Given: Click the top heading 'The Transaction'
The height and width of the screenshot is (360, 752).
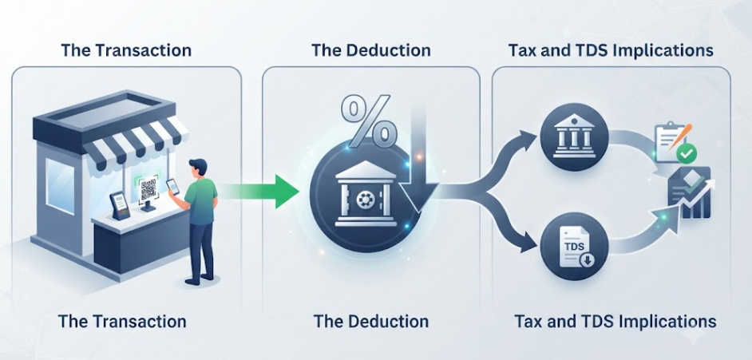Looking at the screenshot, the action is pos(126,50).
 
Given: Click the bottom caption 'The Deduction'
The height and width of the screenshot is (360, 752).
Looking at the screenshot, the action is pos(370,321).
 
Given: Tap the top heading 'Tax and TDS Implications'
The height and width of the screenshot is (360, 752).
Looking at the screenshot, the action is pos(611,50).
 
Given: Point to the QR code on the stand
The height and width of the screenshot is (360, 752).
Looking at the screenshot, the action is pos(148,189).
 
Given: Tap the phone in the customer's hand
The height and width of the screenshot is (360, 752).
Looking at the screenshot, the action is pos(172,187).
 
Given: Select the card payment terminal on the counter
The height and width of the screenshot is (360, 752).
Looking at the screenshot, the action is pos(120,205).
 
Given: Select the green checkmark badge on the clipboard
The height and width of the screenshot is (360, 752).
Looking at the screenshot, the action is pos(687,154).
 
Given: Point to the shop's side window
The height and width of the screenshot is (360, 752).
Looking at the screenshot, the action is pos(60,184).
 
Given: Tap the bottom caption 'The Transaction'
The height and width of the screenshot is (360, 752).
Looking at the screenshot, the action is pos(122,321).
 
